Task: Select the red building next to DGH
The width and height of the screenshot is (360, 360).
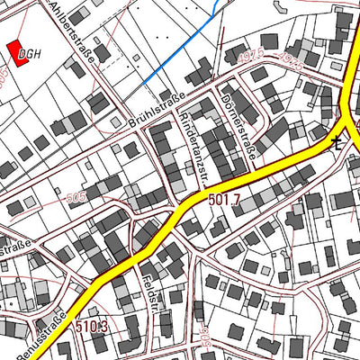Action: click(16, 53)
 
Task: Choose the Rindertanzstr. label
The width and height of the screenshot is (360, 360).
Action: click(193, 142)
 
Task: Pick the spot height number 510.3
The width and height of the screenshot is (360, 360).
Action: click(92, 326)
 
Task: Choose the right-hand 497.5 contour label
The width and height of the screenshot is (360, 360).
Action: click(291, 58)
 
